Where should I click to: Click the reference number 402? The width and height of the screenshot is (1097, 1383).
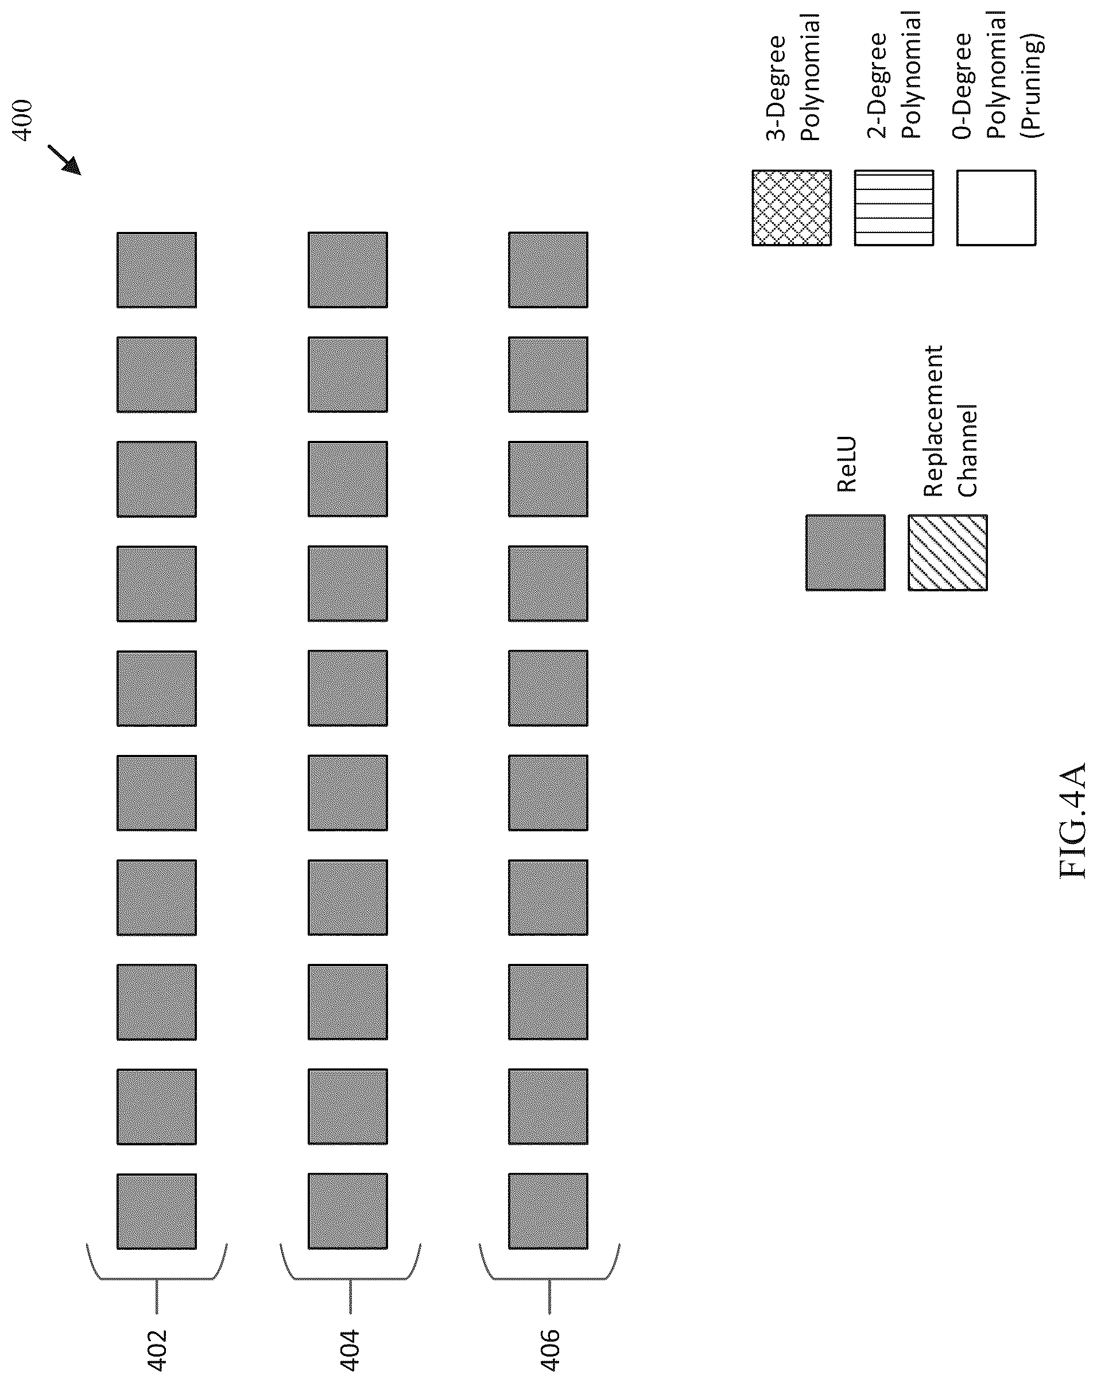(x=157, y=1349)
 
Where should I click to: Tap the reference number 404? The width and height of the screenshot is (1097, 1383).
(x=350, y=1349)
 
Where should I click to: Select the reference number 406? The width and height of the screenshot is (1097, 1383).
(x=550, y=1349)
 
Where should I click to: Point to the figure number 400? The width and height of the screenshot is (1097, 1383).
(x=22, y=120)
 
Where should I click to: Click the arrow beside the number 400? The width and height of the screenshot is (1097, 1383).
(x=64, y=160)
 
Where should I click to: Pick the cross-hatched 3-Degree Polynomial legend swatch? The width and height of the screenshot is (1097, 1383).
(x=792, y=207)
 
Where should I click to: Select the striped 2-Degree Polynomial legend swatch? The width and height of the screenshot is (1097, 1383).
(x=894, y=207)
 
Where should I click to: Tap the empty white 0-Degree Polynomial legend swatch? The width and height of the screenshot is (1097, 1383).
(x=997, y=207)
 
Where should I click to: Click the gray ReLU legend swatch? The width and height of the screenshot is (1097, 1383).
(x=846, y=552)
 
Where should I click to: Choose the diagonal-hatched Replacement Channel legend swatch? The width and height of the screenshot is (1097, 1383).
(x=948, y=552)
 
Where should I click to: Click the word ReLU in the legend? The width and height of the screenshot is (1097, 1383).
(x=847, y=464)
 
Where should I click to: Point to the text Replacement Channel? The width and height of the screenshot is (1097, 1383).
(x=950, y=421)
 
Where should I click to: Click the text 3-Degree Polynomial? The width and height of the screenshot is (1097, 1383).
(x=793, y=77)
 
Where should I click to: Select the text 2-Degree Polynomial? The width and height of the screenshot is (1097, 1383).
(x=894, y=75)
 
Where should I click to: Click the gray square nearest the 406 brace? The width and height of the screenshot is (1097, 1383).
(x=549, y=1211)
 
